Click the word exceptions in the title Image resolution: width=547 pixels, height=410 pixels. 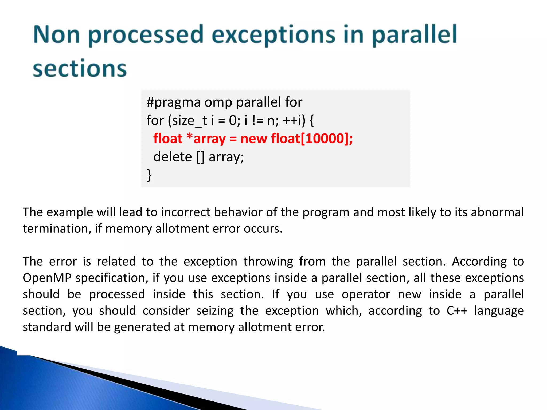[273, 35]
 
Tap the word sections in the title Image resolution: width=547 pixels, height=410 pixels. [80, 69]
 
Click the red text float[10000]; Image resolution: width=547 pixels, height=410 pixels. [312, 139]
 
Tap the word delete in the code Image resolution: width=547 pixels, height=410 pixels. [173, 157]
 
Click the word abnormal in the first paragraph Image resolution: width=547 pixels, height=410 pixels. [497, 212]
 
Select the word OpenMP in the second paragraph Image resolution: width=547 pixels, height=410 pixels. [47, 278]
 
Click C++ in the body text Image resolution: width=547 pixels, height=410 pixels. [457, 311]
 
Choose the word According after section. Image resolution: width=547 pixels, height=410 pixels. [479, 261]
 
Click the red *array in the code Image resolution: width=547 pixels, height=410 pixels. [206, 139]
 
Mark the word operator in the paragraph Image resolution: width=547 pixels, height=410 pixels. [366, 294]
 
